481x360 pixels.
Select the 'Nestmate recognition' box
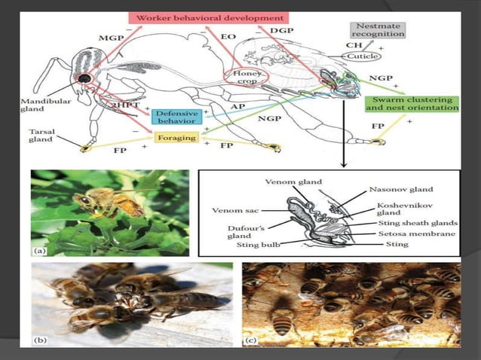tap(378, 29)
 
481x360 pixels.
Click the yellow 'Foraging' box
tap(176, 138)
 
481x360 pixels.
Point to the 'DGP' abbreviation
tap(282, 30)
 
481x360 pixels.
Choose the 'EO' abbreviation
tap(228, 35)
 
